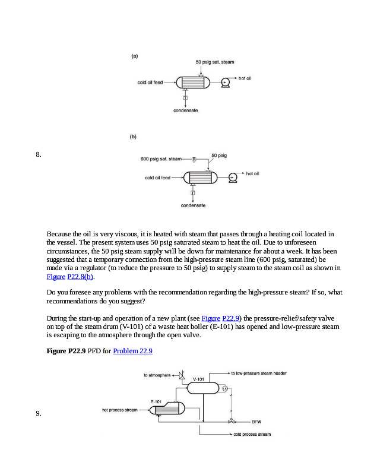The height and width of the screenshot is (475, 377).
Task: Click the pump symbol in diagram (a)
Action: (x=226, y=84)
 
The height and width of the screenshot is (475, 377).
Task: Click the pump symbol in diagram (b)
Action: (x=233, y=177)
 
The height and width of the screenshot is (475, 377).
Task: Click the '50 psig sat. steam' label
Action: (x=215, y=62)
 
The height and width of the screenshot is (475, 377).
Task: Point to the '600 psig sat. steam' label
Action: (x=160, y=159)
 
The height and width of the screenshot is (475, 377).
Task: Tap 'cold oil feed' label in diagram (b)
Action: (x=157, y=178)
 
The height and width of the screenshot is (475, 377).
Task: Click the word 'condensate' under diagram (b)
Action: (x=193, y=205)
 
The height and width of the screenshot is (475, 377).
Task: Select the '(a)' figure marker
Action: (x=135, y=56)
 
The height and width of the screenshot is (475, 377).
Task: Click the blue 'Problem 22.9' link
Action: (x=132, y=351)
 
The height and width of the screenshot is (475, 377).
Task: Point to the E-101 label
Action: (x=157, y=401)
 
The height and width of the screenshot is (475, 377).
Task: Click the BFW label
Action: (x=256, y=422)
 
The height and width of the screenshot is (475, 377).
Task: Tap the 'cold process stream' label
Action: (x=252, y=434)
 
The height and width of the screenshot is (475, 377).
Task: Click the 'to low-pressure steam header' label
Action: (x=259, y=373)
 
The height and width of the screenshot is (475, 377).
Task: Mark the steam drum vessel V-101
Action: (x=203, y=388)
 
